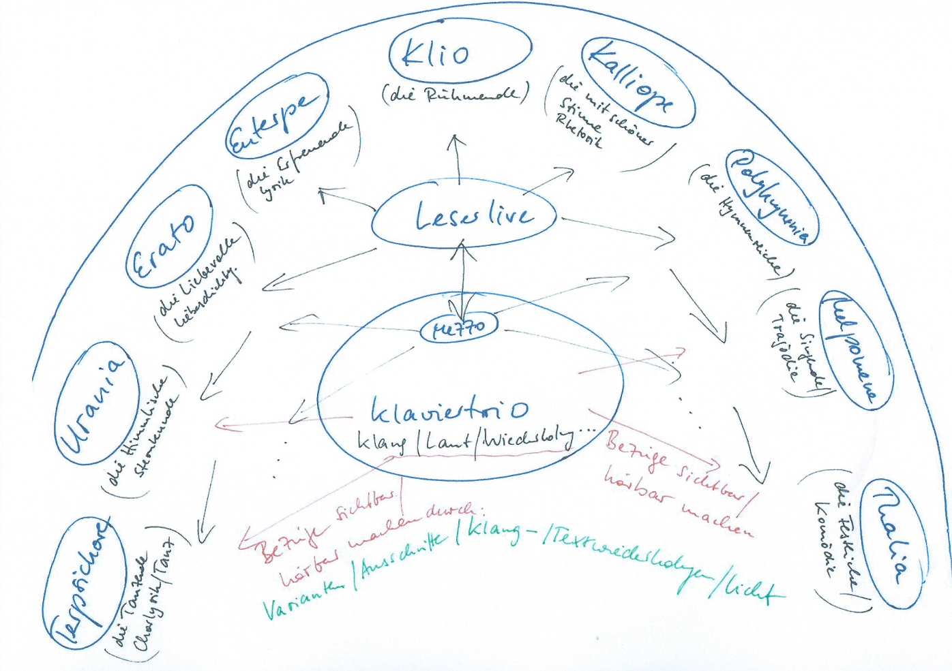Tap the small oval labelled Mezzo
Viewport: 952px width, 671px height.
point(460,329)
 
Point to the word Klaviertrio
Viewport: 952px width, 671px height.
point(450,409)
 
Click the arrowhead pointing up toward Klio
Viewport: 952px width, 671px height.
point(456,140)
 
